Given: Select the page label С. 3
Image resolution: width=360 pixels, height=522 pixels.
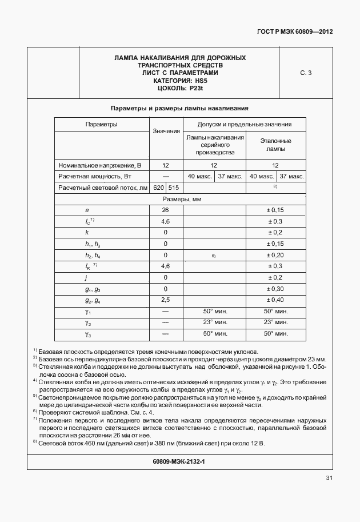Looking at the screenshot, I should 306,73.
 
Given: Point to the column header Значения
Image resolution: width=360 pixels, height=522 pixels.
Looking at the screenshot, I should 166,132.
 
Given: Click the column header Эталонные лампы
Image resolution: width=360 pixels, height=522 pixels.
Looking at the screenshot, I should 276,145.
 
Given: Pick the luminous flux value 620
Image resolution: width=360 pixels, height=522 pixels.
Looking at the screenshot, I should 159,188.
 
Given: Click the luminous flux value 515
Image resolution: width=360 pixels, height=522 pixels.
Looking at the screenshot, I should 174,188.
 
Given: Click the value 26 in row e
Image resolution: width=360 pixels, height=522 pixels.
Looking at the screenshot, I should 166,210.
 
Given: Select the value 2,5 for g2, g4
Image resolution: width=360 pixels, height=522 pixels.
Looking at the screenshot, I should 166,300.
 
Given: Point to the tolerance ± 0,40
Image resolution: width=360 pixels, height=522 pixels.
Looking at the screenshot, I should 275,300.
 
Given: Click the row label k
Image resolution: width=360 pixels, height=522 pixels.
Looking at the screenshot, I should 86,233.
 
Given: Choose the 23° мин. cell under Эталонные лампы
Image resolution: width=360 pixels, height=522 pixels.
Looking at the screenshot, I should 275,322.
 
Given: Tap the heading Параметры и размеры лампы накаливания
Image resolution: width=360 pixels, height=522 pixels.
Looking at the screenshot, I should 179,108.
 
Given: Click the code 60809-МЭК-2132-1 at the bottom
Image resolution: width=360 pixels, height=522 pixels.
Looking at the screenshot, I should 179,461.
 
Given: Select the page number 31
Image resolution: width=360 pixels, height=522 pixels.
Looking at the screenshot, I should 329,478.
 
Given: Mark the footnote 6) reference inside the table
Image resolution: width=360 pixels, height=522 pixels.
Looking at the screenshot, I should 213,256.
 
